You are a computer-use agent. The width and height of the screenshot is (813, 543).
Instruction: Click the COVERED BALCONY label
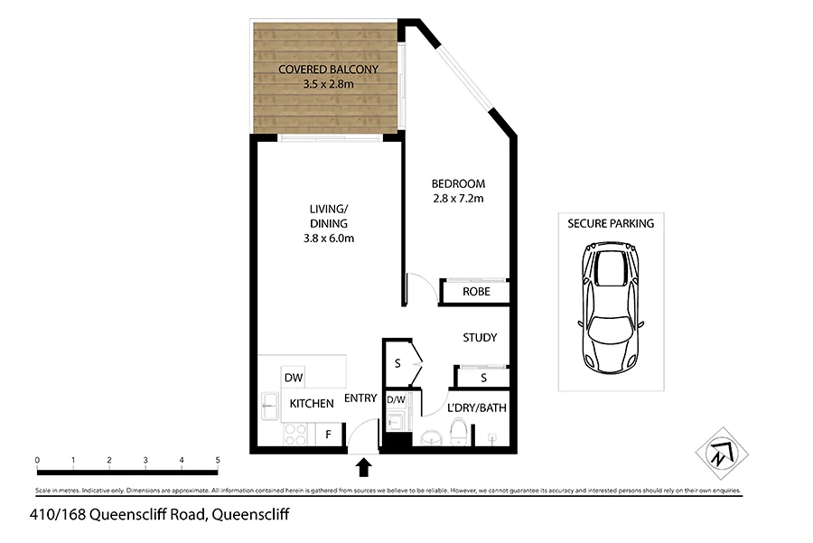[327, 69]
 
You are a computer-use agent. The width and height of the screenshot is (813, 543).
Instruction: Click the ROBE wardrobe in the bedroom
[476, 292]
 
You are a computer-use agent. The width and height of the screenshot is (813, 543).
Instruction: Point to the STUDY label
[480, 338]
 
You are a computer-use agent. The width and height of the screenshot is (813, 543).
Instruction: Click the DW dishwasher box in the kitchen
[293, 378]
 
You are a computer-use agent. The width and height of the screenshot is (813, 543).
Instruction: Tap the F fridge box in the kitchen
[329, 435]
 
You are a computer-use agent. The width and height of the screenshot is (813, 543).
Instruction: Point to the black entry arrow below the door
[365, 466]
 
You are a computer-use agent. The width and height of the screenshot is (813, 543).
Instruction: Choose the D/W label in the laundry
[396, 398]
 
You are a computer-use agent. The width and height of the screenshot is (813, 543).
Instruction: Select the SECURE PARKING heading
[611, 223]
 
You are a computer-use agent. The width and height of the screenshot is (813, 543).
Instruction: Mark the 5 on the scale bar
[218, 460]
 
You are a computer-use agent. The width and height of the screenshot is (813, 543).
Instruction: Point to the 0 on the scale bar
[37, 460]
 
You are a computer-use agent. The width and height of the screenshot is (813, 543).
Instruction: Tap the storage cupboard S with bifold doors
[398, 364]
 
